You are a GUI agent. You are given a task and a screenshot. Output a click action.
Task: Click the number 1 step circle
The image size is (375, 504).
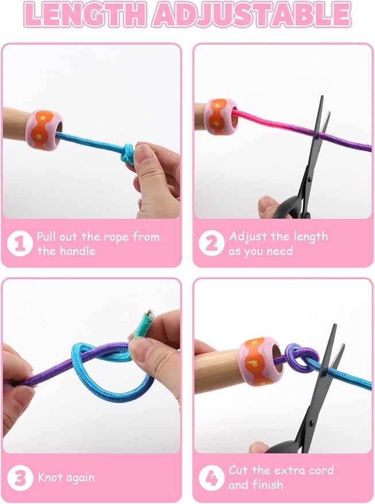point(20,244)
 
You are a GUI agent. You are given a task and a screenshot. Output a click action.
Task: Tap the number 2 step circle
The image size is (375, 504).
point(211,243)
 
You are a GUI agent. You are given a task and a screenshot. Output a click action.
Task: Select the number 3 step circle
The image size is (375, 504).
point(20,478)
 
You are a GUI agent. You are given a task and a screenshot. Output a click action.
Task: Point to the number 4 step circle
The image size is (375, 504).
point(211,478)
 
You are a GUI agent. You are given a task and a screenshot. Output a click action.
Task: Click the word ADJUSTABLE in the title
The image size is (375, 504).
point(252,15)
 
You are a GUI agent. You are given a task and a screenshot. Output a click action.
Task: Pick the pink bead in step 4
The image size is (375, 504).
point(261,361)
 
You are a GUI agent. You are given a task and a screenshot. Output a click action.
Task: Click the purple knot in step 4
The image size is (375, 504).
point(301,358)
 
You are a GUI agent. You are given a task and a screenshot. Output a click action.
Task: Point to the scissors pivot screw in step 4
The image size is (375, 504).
point(311,422)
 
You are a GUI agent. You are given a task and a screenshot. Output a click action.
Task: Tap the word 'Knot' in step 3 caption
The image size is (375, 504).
point(49,477)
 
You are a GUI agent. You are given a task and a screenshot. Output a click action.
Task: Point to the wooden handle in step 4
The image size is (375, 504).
point(218,372)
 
